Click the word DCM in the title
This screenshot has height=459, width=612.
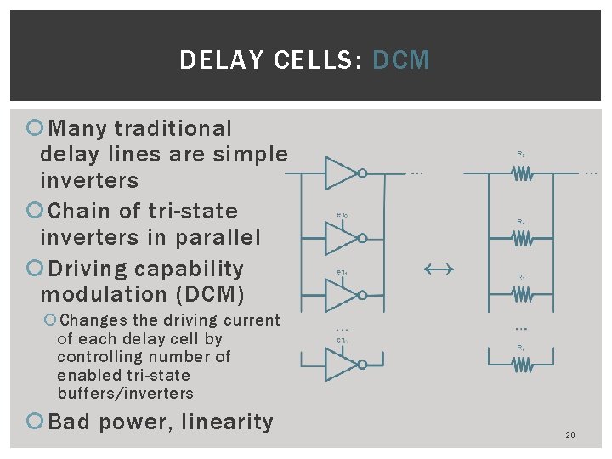coord(401,60)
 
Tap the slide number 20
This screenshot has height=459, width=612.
coord(569,435)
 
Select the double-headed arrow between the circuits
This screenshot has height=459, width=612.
coord(439,269)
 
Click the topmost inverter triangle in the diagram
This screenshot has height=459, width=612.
coord(343,173)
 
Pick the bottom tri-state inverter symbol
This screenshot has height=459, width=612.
coord(343,364)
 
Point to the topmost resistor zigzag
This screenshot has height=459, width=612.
coord(520,173)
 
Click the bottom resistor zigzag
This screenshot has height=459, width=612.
coord(520,364)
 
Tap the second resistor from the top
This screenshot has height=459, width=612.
coord(520,238)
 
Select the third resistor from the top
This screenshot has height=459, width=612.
coord(520,294)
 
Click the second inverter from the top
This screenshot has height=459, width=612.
coord(343,238)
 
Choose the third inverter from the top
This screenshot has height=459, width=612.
coord(343,294)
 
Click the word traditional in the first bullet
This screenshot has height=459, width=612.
coord(173,129)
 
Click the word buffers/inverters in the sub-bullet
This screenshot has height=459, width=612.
coord(125,394)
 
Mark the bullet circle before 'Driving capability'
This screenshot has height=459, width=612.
coord(37,269)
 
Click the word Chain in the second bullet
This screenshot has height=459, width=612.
coord(75,211)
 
